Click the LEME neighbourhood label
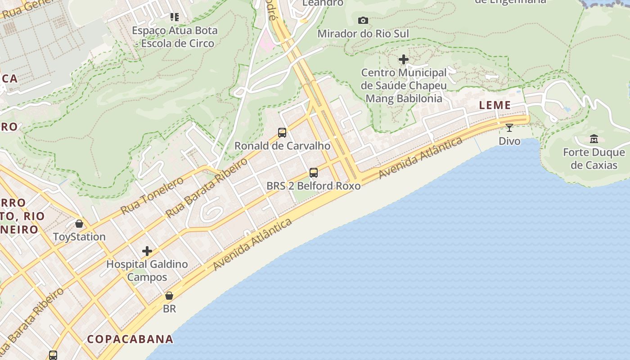coord(495,105)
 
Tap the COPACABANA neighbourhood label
coord(130,339)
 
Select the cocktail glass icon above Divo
coord(509,128)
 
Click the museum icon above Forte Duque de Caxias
coord(594,139)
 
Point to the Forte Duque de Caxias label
coord(594,159)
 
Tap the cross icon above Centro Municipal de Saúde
coord(404,59)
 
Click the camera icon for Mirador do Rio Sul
coord(363,20)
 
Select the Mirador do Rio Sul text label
coord(363,34)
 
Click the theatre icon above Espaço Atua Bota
coord(175,17)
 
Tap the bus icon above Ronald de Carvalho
coord(282,132)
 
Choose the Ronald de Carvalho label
coord(282,146)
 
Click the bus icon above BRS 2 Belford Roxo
coord(314,172)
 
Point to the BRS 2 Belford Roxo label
coord(314,186)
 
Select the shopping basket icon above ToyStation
coord(79,224)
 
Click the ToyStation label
coord(79,237)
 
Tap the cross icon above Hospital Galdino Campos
coord(147,251)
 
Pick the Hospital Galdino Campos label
coord(147,270)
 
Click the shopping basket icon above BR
coord(169,296)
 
